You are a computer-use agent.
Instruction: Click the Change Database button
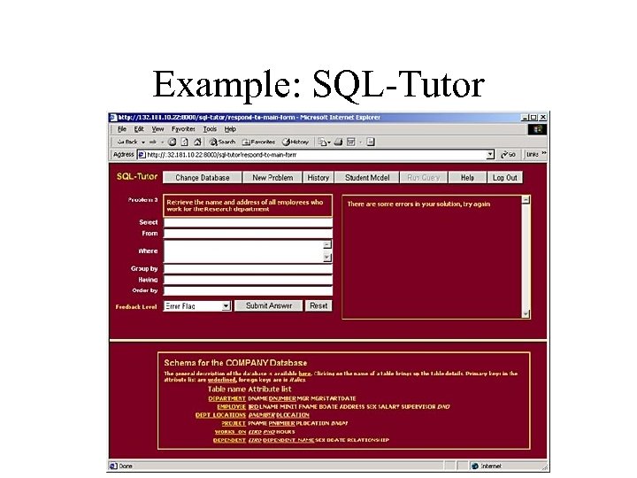click(202, 178)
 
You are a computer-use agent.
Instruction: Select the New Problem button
click(272, 178)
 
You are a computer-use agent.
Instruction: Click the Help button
click(467, 178)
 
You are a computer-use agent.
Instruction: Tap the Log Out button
click(504, 178)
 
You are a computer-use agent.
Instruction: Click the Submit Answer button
click(268, 305)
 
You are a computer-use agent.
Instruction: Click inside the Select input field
click(248, 222)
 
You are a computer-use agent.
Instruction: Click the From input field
click(248, 234)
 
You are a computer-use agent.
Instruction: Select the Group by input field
click(248, 268)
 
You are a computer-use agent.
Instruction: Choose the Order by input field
click(248, 290)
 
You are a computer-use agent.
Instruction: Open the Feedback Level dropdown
click(197, 306)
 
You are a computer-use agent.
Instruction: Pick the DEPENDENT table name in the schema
click(229, 440)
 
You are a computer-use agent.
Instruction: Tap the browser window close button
click(542, 117)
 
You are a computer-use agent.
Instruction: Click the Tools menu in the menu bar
click(210, 129)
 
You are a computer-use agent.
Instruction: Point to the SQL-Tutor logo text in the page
click(137, 177)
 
